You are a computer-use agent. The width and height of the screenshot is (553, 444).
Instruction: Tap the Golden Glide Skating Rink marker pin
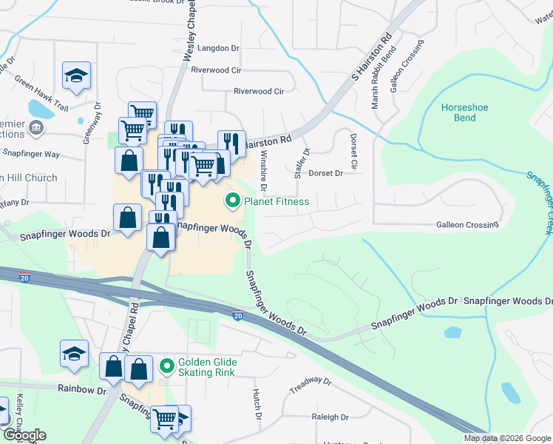(x=166, y=366)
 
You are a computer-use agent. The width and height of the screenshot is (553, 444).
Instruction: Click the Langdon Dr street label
(x=220, y=48)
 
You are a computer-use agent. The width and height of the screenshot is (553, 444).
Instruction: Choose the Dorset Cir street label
(x=353, y=150)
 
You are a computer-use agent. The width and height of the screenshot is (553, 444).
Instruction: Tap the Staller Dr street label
(x=299, y=162)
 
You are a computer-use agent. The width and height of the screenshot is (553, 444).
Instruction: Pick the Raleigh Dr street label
(x=330, y=417)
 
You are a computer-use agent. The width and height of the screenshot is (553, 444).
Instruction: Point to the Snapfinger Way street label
(x=30, y=154)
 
